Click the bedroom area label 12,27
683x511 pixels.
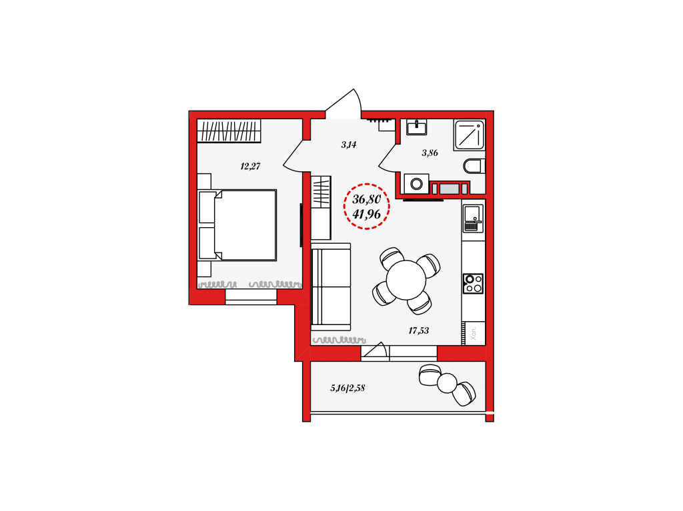250,166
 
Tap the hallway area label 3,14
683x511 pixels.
348,145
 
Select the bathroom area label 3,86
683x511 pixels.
430,153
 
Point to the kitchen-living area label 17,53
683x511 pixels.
418,331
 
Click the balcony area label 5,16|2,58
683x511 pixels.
348,388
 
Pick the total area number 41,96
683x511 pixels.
367,214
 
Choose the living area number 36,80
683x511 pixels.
367,199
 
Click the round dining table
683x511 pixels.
406,280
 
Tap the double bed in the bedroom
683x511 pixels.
237,225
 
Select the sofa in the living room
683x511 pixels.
331,287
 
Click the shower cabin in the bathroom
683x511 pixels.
469,135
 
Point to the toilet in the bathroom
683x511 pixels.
474,166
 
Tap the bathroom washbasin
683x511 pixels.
416,127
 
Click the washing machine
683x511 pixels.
416,184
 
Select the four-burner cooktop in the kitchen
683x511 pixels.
473,283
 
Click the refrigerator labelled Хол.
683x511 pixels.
474,333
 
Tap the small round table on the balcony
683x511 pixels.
447,383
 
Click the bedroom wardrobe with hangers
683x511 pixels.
229,131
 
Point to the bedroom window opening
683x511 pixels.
251,297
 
